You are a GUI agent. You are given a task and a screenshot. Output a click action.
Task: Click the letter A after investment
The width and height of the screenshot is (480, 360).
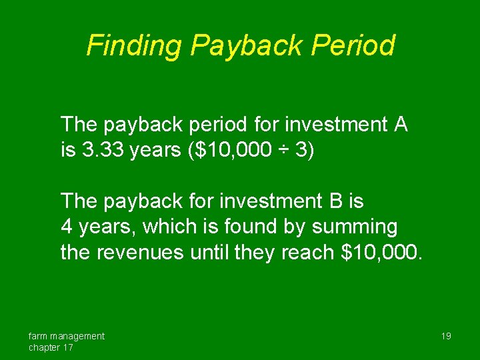[x=400, y=124]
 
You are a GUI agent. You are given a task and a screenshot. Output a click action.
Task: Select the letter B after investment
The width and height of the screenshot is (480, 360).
[x=330, y=200]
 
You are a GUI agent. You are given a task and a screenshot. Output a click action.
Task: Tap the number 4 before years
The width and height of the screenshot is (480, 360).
[x=66, y=227]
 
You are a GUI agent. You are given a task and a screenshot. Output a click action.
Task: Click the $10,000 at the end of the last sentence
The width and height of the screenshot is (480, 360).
[x=379, y=253]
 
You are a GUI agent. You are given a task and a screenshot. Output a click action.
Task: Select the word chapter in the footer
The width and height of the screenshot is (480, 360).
[x=45, y=347]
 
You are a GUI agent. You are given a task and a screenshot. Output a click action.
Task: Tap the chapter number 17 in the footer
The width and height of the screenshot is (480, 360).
[x=68, y=347]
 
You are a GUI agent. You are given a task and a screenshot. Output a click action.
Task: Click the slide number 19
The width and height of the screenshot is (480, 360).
[x=446, y=336]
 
